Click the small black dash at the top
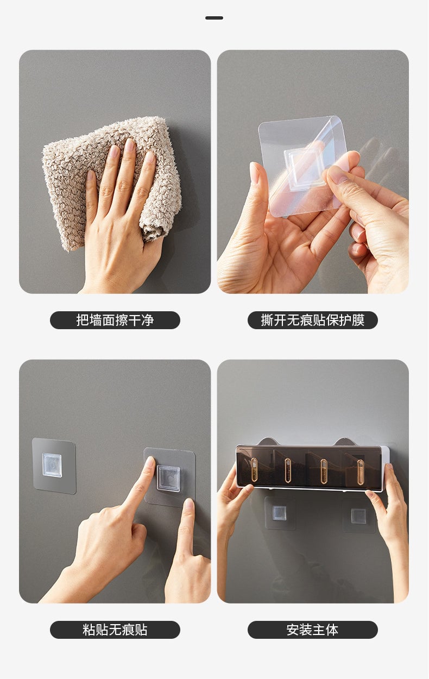tap(214, 18)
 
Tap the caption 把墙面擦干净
tap(115, 320)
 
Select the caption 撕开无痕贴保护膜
tap(312, 320)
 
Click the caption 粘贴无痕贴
tap(115, 630)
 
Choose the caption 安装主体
tap(312, 630)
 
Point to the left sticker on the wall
tap(53, 466)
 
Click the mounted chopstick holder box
tap(310, 467)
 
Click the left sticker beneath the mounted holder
tap(280, 513)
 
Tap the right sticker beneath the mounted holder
tap(358, 515)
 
